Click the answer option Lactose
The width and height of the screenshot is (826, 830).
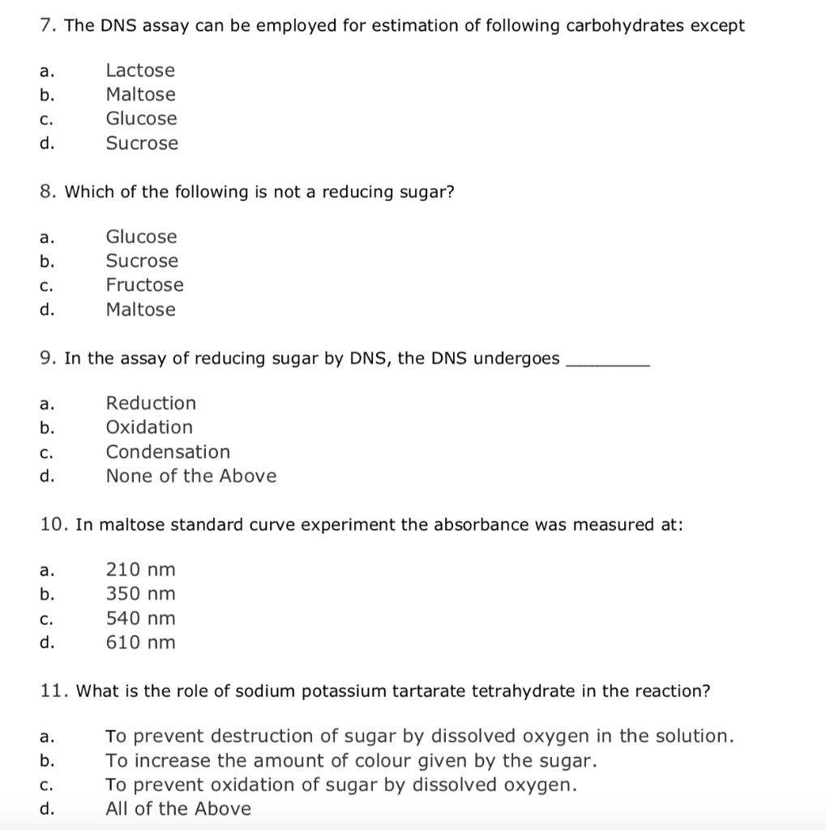click(140, 71)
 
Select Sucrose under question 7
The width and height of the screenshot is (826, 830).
click(142, 143)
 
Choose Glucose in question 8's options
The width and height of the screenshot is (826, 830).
click(141, 237)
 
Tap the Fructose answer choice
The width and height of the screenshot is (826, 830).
click(144, 285)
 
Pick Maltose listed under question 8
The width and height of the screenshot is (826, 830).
click(140, 310)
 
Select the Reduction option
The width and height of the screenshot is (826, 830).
click(151, 403)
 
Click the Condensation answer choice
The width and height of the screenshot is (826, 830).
click(168, 451)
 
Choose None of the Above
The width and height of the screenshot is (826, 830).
click(190, 476)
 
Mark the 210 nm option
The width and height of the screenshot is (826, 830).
click(140, 570)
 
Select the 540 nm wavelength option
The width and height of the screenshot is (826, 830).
click(140, 618)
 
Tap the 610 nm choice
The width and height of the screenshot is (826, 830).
click(140, 643)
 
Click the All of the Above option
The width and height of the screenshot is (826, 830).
click(178, 809)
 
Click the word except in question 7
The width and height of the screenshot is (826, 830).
click(717, 26)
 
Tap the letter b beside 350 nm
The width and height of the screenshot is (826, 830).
click(46, 594)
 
